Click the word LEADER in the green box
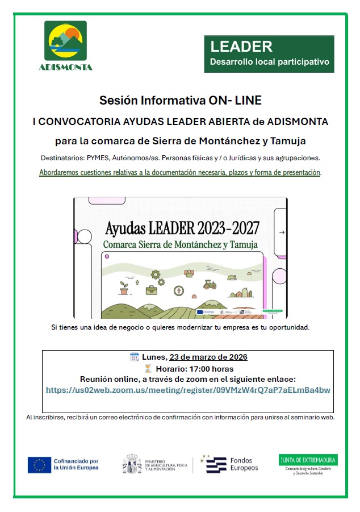(x=241, y=47)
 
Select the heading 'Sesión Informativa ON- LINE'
(x=181, y=101)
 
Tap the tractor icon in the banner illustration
(x=209, y=284)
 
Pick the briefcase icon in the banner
(x=151, y=290)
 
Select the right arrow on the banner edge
(x=282, y=232)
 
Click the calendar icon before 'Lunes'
(x=135, y=357)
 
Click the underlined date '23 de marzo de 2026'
(x=208, y=357)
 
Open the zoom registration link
(x=188, y=390)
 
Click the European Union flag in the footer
(x=39, y=464)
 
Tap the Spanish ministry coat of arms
(x=132, y=464)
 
